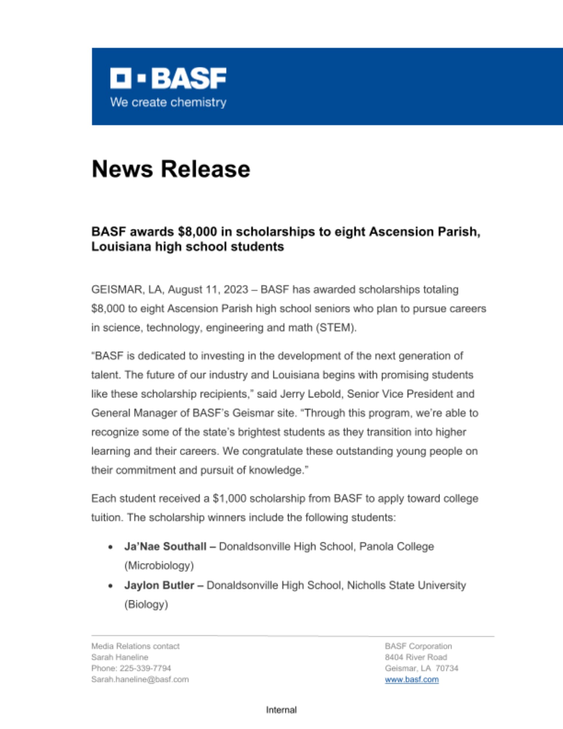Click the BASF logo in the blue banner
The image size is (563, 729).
[x=168, y=78]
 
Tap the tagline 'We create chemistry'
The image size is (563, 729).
[x=168, y=102]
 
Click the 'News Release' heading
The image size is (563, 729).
[x=171, y=169]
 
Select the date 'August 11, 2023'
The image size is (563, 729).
[x=208, y=290]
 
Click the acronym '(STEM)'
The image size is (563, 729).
[x=336, y=328]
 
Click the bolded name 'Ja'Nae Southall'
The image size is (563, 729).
[x=165, y=547]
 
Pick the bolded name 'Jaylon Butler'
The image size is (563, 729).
[x=159, y=585]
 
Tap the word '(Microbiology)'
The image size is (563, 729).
[x=159, y=566]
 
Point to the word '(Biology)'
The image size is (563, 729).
[x=146, y=604]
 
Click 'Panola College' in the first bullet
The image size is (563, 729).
[x=396, y=547]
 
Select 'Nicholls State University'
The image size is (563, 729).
[x=406, y=585]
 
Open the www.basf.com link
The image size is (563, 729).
[x=411, y=679]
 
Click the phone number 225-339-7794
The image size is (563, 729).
[x=145, y=668]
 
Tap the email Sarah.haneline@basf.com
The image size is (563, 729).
[x=140, y=679]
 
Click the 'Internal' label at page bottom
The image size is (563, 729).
[x=281, y=710]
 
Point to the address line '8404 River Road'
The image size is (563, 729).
[x=416, y=657]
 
